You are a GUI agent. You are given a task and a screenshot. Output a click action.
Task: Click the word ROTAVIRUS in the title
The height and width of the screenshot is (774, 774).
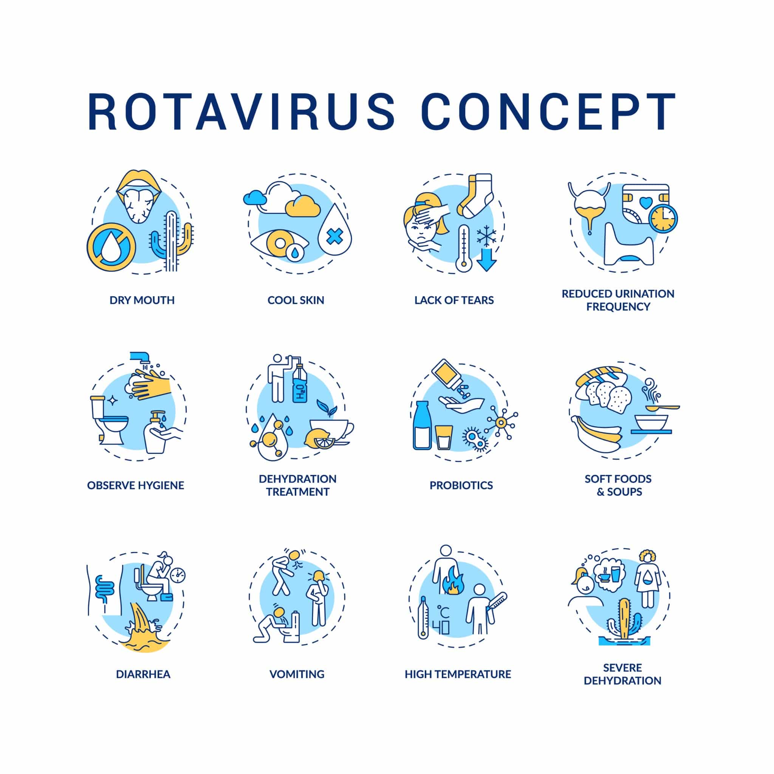(241, 112)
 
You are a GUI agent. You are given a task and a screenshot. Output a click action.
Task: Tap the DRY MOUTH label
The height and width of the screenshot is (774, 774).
(142, 300)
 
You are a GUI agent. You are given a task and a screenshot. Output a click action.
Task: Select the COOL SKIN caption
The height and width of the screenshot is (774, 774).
(296, 300)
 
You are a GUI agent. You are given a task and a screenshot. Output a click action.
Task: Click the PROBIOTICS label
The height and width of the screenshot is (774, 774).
(461, 485)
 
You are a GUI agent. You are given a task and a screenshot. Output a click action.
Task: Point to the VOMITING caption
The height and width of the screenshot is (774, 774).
(297, 674)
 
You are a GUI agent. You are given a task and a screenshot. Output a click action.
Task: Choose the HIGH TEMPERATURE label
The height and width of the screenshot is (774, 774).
(458, 674)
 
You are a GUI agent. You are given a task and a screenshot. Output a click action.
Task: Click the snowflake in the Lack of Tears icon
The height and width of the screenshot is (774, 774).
(486, 235)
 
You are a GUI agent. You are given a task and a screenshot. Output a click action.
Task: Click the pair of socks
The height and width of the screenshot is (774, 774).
(475, 195)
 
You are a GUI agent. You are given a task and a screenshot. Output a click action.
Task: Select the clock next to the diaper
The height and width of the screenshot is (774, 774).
(663, 219)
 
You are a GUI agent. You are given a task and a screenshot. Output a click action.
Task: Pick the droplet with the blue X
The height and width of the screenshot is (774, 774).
(334, 231)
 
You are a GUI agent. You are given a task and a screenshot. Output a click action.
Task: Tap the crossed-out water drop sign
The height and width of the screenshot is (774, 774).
(111, 247)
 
